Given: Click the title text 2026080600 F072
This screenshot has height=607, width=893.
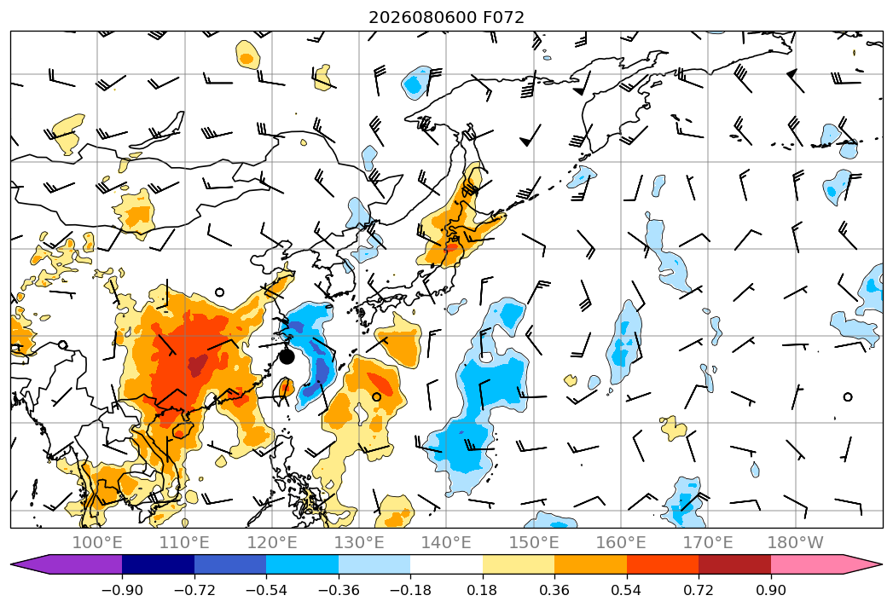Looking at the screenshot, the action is [446, 18].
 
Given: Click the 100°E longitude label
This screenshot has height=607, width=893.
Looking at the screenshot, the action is [97, 542].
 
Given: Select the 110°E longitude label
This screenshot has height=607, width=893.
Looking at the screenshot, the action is [184, 542].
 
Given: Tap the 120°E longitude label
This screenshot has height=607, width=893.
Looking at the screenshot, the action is [272, 542].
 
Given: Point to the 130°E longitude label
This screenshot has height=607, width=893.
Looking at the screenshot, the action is [359, 542].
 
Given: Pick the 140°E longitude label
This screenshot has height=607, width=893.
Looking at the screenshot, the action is [446, 542].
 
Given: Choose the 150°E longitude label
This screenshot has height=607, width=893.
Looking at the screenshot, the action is [534, 542].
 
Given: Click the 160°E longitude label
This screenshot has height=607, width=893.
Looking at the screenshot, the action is [621, 542].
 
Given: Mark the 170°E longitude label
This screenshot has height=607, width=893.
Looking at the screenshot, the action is [708, 542].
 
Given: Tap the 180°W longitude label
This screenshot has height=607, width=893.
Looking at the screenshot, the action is [795, 542].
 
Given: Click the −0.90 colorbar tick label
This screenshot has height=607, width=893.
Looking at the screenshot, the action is [122, 590].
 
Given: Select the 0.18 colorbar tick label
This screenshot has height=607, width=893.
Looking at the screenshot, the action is [483, 590].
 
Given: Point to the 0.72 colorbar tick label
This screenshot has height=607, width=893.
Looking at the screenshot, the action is [699, 590].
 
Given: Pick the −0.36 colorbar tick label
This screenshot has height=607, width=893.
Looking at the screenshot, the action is [339, 590].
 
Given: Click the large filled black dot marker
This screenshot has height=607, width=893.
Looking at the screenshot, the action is [287, 357].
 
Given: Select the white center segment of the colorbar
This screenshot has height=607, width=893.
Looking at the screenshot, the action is [447, 564].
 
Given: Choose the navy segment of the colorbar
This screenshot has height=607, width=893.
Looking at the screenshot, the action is [159, 564].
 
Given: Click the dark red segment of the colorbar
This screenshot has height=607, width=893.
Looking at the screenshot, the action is [734, 564].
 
